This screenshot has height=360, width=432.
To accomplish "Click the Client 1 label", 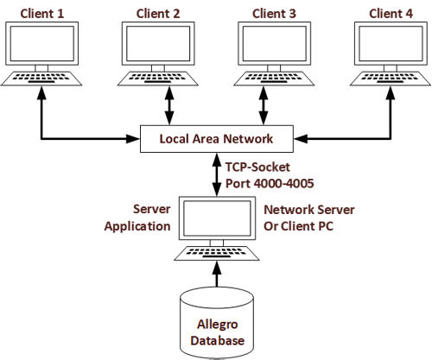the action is coord(42,14).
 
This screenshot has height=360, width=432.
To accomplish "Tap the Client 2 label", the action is coord(158,14).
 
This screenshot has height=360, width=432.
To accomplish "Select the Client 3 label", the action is coord(274,14).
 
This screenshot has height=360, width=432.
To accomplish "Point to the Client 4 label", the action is coord(391,14).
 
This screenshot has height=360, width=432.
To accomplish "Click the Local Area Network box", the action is coord(217,139).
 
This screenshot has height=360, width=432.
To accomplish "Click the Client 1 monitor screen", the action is coord(42,43).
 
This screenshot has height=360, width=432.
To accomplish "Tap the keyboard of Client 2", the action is coord(158,79).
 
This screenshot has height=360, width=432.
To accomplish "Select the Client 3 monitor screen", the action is coord(274,43).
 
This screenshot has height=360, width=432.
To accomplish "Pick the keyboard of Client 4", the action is coord(391,79).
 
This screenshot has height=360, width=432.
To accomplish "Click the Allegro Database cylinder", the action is coord(217,323).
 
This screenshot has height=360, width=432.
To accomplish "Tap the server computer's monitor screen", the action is coord(217,218).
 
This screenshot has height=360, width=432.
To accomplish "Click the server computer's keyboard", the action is coord(217,253).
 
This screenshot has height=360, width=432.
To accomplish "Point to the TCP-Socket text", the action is coord(257,167).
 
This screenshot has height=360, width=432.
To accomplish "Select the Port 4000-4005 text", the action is coord(270,184).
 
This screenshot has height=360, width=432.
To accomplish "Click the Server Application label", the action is coord(137,218).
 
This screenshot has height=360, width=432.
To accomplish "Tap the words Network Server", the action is coord(309,210).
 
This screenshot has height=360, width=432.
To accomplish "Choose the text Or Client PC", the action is coord(298,226).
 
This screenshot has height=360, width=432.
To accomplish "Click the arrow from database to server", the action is coord(217,274).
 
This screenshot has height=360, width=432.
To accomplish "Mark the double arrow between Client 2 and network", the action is coord(169,105).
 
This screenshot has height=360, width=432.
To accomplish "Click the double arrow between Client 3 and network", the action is coord(264,105).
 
